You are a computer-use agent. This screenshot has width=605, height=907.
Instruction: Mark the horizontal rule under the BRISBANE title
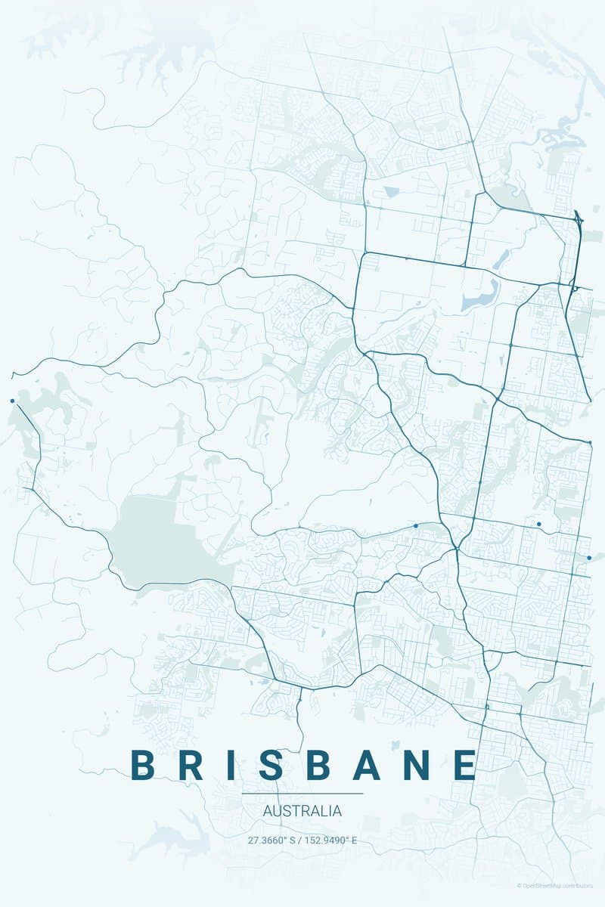(302, 794)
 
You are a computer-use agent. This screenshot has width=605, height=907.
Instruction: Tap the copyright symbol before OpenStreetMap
(520, 886)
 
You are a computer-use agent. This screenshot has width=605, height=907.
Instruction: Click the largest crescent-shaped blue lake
(481, 296)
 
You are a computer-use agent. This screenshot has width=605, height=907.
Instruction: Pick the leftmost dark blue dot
(11, 401)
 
